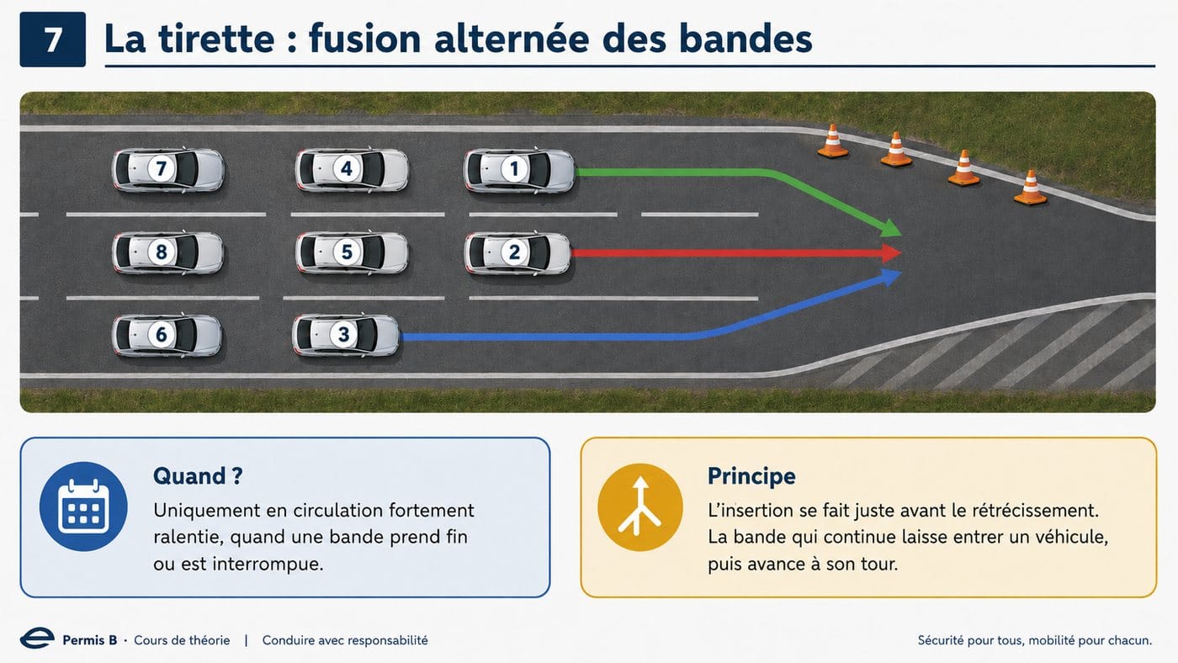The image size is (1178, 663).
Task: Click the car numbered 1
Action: point(519,170)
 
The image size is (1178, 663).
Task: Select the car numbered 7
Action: point(167,169)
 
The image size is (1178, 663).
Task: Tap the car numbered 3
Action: point(346,335)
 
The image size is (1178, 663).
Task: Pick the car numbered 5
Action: point(352,252)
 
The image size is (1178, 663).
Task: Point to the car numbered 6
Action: point(167,335)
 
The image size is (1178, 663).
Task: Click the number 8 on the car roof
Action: point(162,252)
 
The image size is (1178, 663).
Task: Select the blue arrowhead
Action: point(891,277)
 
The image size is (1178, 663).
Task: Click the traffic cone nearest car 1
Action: point(832,142)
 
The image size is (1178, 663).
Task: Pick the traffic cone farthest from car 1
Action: point(1030,188)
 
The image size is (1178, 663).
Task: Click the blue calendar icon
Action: point(83,507)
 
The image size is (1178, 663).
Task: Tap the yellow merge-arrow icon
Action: point(640,507)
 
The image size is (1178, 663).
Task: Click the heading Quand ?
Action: point(198,476)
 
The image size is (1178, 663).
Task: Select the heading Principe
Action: point(751,476)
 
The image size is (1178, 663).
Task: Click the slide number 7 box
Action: point(52,40)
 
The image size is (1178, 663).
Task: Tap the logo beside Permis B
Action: point(37,639)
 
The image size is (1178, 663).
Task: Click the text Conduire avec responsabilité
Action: point(345,640)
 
